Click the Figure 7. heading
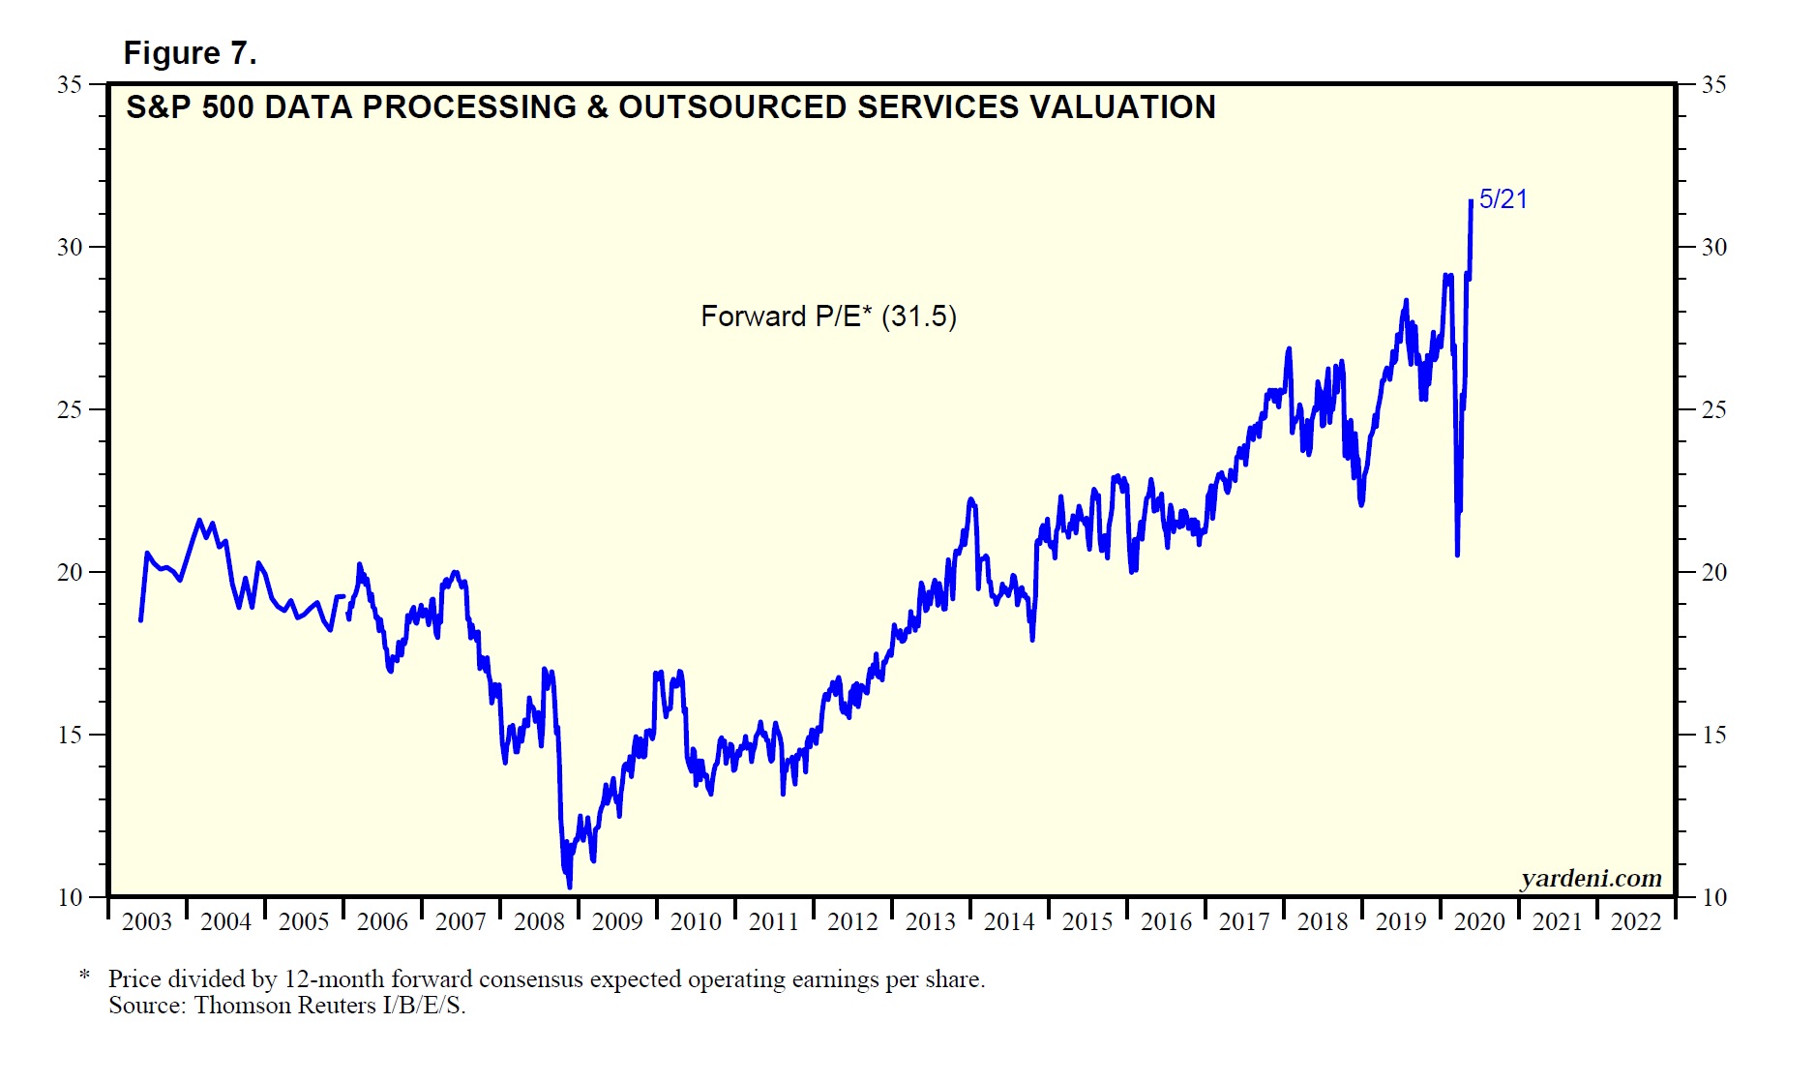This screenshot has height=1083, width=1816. pyautogui.click(x=190, y=53)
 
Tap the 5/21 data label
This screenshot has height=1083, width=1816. pyautogui.click(x=1503, y=199)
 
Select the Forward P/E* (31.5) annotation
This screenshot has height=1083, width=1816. pyautogui.click(x=828, y=316)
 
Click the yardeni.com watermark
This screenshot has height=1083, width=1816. pyautogui.click(x=1591, y=878)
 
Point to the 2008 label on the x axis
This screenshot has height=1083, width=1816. pyautogui.click(x=539, y=921)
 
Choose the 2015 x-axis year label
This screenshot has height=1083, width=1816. pyautogui.click(x=1087, y=921)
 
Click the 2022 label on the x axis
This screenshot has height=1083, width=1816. pyautogui.click(x=1636, y=921)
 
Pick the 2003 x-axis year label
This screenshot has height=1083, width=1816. pyautogui.click(x=147, y=921)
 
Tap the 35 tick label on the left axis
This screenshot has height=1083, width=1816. pyautogui.click(x=70, y=85)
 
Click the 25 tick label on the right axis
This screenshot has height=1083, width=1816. pyautogui.click(x=1713, y=410)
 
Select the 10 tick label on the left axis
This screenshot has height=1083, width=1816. pyautogui.click(x=70, y=898)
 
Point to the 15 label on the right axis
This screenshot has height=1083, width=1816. pyautogui.click(x=1713, y=736)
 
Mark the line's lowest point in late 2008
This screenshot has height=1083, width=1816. pyautogui.click(x=569, y=886)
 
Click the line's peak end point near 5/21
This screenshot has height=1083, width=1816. pyautogui.click(x=1471, y=201)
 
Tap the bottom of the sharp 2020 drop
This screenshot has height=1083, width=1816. pyautogui.click(x=1457, y=555)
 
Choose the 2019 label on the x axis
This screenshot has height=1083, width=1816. pyautogui.click(x=1401, y=921)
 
